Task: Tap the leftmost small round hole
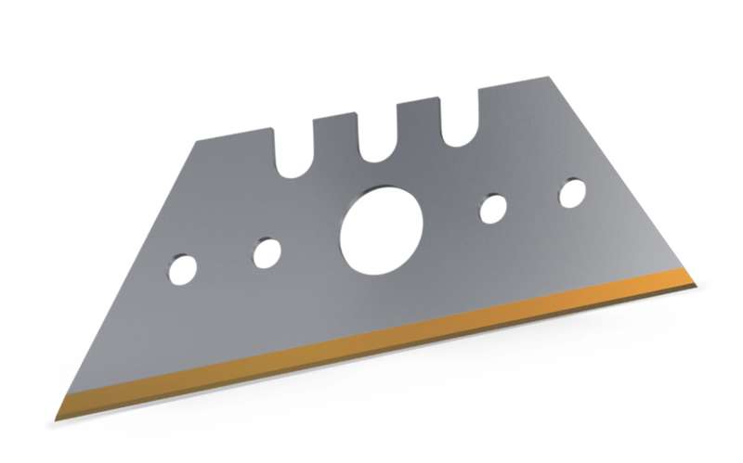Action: pyautogui.click(x=183, y=268)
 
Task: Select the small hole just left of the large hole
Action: pyautogui.click(x=267, y=251)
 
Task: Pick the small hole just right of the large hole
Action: pyautogui.click(x=493, y=208)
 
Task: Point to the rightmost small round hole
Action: pyautogui.click(x=573, y=191)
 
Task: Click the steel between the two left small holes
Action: pyautogui.click(x=226, y=260)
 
